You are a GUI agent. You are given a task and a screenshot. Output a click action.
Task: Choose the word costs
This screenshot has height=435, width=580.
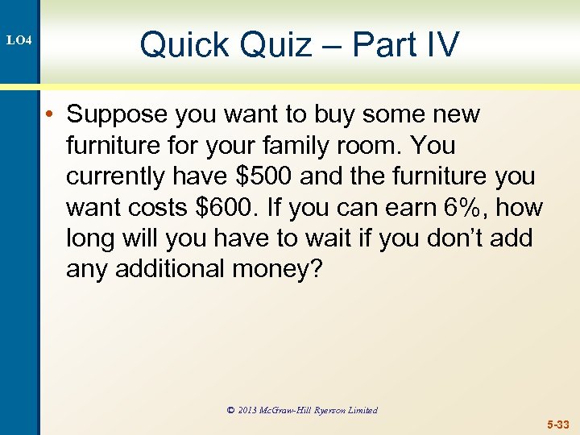(156, 207)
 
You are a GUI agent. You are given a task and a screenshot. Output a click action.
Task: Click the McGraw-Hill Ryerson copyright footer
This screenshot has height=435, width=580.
(302, 410)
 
